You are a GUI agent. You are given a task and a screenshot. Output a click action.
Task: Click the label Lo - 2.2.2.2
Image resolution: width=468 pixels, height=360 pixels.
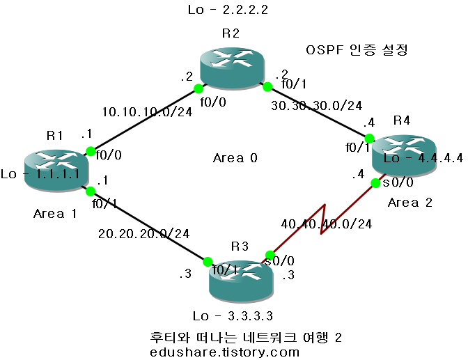click(x=228, y=10)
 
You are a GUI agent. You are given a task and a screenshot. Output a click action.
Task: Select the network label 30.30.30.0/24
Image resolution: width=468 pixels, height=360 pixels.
click(x=317, y=106)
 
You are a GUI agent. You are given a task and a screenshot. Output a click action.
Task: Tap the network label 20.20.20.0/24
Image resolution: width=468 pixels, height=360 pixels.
click(x=145, y=233)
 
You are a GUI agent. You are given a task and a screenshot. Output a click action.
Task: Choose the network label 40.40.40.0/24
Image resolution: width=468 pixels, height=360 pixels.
click(x=327, y=224)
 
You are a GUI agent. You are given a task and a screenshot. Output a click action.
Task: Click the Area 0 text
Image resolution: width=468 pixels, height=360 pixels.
click(x=235, y=159)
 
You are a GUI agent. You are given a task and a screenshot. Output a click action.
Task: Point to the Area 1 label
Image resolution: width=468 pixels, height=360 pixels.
click(x=54, y=214)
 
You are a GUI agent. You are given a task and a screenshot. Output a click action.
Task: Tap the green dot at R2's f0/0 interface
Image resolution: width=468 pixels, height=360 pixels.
click(x=198, y=88)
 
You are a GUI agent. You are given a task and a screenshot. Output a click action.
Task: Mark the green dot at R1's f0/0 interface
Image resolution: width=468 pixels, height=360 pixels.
click(x=90, y=151)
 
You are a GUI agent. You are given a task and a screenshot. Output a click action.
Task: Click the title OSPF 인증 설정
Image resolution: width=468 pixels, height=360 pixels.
click(x=357, y=50)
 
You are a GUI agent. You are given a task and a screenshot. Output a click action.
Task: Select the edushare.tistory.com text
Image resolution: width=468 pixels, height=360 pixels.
click(x=225, y=352)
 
